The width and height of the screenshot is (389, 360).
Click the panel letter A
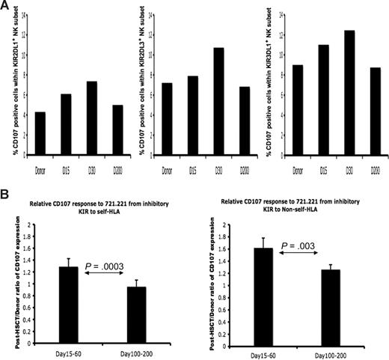point(5,5)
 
